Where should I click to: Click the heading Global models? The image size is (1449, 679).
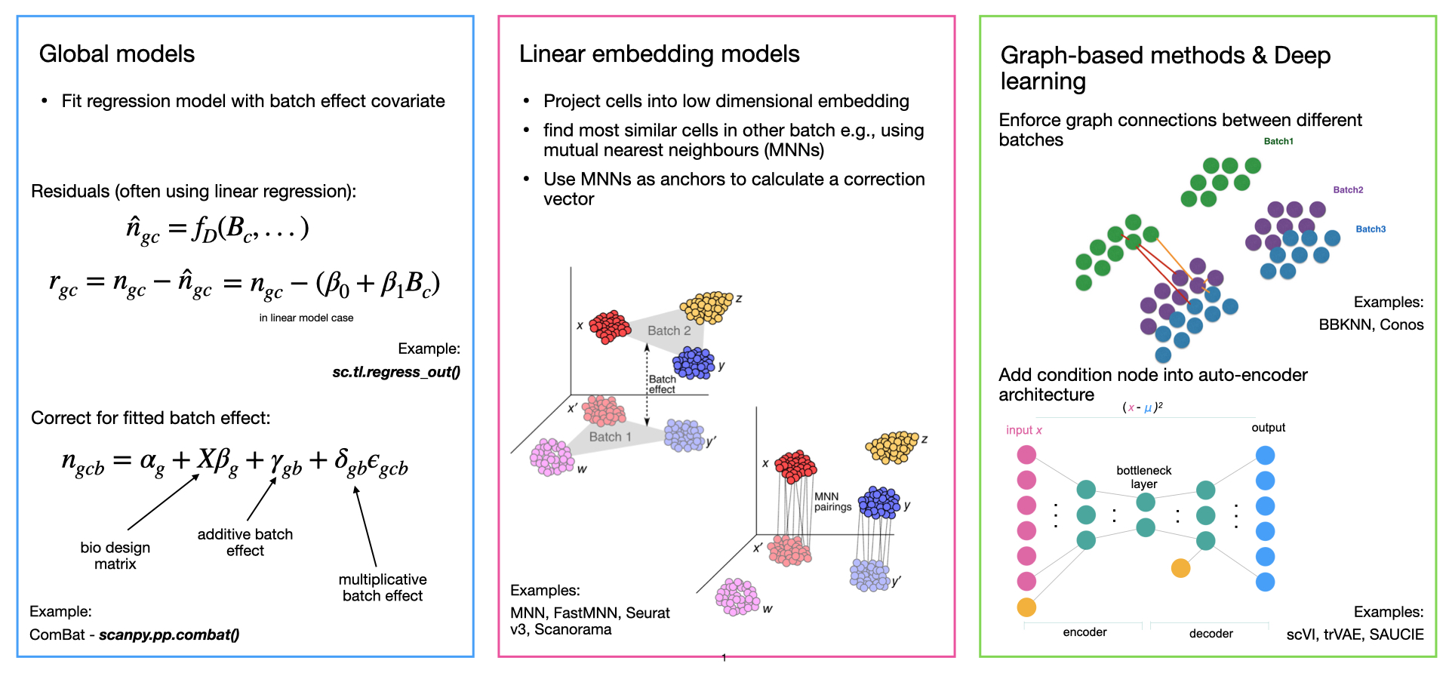(117, 54)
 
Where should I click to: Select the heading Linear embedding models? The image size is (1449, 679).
(659, 54)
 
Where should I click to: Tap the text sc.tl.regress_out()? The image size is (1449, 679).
(395, 372)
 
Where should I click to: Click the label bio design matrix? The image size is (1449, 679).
(115, 555)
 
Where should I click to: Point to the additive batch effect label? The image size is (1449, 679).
(245, 542)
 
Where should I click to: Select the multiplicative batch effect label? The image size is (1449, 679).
(383, 588)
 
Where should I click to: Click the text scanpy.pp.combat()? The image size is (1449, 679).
(169, 634)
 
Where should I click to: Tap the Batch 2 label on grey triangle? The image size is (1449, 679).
(669, 330)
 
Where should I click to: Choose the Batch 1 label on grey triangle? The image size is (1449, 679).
(610, 437)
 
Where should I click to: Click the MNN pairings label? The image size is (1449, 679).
(832, 502)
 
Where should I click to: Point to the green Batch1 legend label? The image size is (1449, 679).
(1278, 141)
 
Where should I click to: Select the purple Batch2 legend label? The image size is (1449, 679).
(1348, 190)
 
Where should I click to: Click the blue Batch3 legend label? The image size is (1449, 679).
(1371, 229)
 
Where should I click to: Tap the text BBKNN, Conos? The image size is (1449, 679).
(1371, 324)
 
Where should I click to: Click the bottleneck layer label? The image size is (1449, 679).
(1143, 477)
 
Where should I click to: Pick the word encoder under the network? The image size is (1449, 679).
(1084, 632)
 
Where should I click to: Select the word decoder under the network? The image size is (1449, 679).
(1211, 634)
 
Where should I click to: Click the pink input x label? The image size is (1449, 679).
(1023, 430)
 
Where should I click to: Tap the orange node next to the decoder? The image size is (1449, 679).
(1180, 568)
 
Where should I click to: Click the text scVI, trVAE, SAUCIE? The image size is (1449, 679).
(1355, 634)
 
